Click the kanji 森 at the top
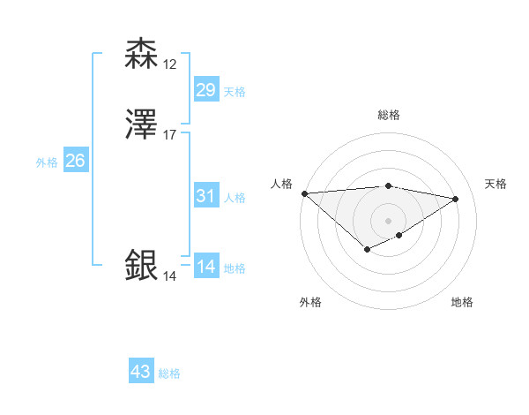point(142,54)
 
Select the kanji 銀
point(142,265)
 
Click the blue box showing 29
point(205,89)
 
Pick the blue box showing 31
point(205,196)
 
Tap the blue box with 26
point(76,161)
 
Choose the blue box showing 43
point(141,372)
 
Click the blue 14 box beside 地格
point(205,268)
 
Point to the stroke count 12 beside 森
point(170,64)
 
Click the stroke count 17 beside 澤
point(170,135)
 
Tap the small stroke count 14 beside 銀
point(170,276)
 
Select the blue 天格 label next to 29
point(235,91)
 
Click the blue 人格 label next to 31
point(235,198)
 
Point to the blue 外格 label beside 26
point(47,162)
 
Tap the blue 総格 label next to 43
point(169,373)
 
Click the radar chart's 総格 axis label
point(388,115)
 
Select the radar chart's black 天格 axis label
point(495,184)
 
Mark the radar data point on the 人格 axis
point(304,193)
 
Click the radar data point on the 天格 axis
point(455,199)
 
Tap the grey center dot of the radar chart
point(388,220)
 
